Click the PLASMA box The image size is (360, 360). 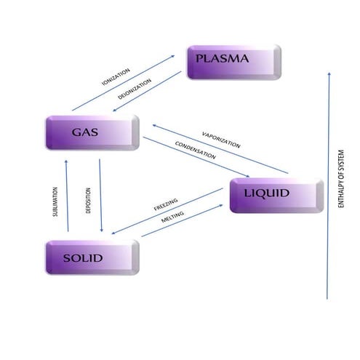coord(233,62)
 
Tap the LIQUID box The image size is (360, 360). coord(276,194)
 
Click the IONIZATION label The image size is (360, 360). coord(116,78)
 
